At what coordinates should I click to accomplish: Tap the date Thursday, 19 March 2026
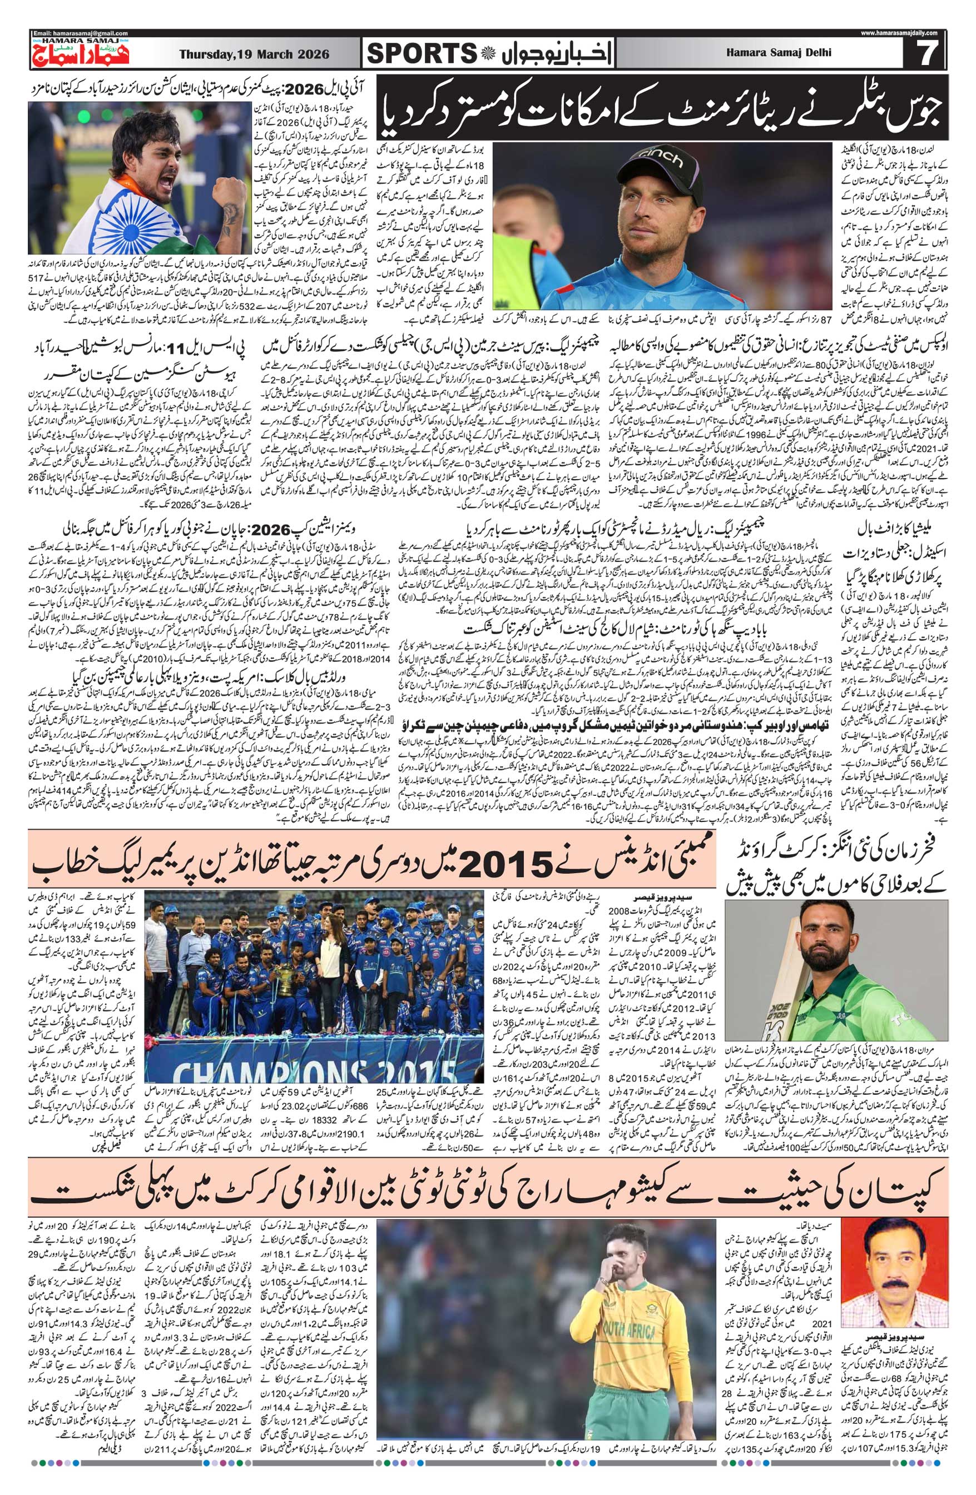[254, 54]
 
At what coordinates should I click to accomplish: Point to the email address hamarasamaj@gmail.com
[81, 33]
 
